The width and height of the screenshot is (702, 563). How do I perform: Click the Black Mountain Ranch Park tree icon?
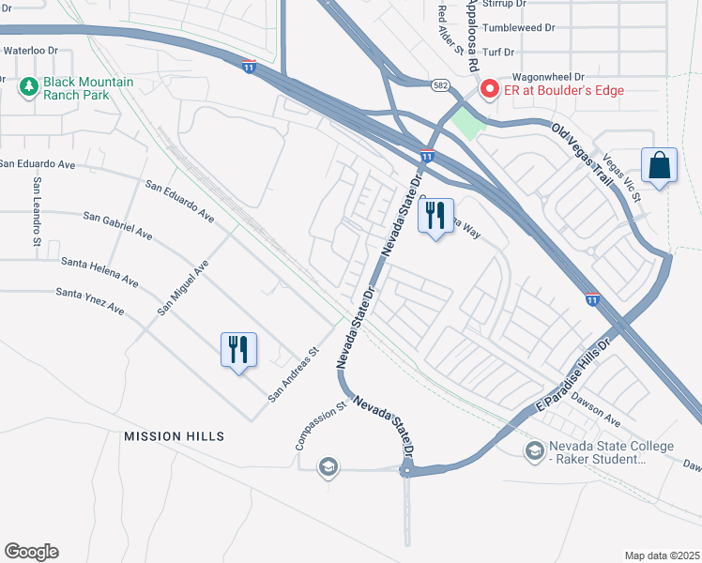pyautogui.click(x=28, y=88)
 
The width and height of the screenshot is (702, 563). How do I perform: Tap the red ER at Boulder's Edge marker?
pyautogui.click(x=489, y=89)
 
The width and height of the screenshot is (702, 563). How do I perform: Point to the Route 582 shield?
pyautogui.click(x=439, y=85)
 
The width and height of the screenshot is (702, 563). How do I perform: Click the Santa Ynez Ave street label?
pyautogui.click(x=90, y=300)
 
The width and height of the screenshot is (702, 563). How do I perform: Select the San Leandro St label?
pyautogui.click(x=38, y=211)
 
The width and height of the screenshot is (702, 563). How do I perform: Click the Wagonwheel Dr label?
pyautogui.click(x=547, y=77)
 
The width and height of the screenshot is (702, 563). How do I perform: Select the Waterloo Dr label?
pyautogui.click(x=30, y=50)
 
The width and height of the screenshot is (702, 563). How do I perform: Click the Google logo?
pyautogui.click(x=31, y=552)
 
